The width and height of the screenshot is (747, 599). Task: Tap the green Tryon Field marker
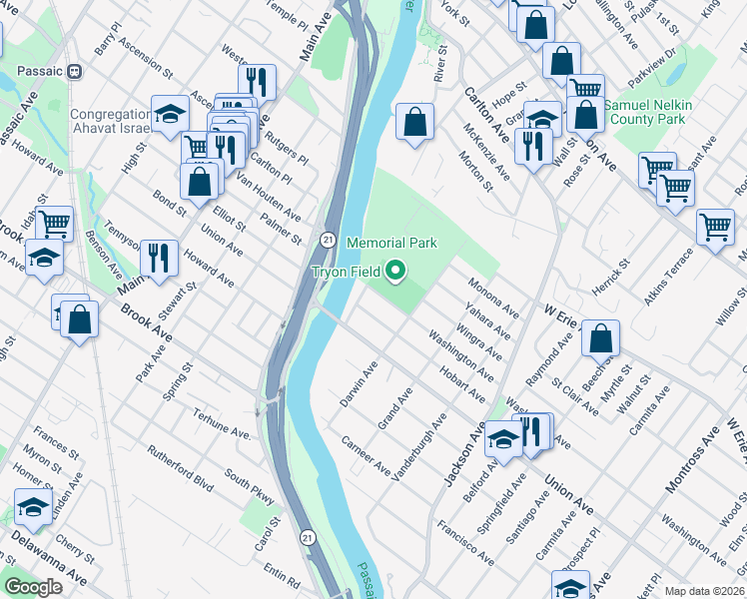coord(396,270)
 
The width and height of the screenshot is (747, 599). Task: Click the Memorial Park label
coord(391,243)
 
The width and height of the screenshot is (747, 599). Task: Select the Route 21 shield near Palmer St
coord(327,240)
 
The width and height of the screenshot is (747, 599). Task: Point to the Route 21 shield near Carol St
coord(308,538)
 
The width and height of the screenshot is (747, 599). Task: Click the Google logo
coord(33,587)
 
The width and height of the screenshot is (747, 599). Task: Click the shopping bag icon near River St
coord(414,123)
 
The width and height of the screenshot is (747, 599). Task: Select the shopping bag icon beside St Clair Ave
coord(600,339)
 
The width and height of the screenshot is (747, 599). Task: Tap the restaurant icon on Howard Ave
coord(159,258)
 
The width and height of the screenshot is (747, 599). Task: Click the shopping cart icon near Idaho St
coord(55,223)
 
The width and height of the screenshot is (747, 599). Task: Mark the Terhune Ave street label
coord(223,427)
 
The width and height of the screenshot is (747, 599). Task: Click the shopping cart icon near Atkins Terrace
coord(715,227)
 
